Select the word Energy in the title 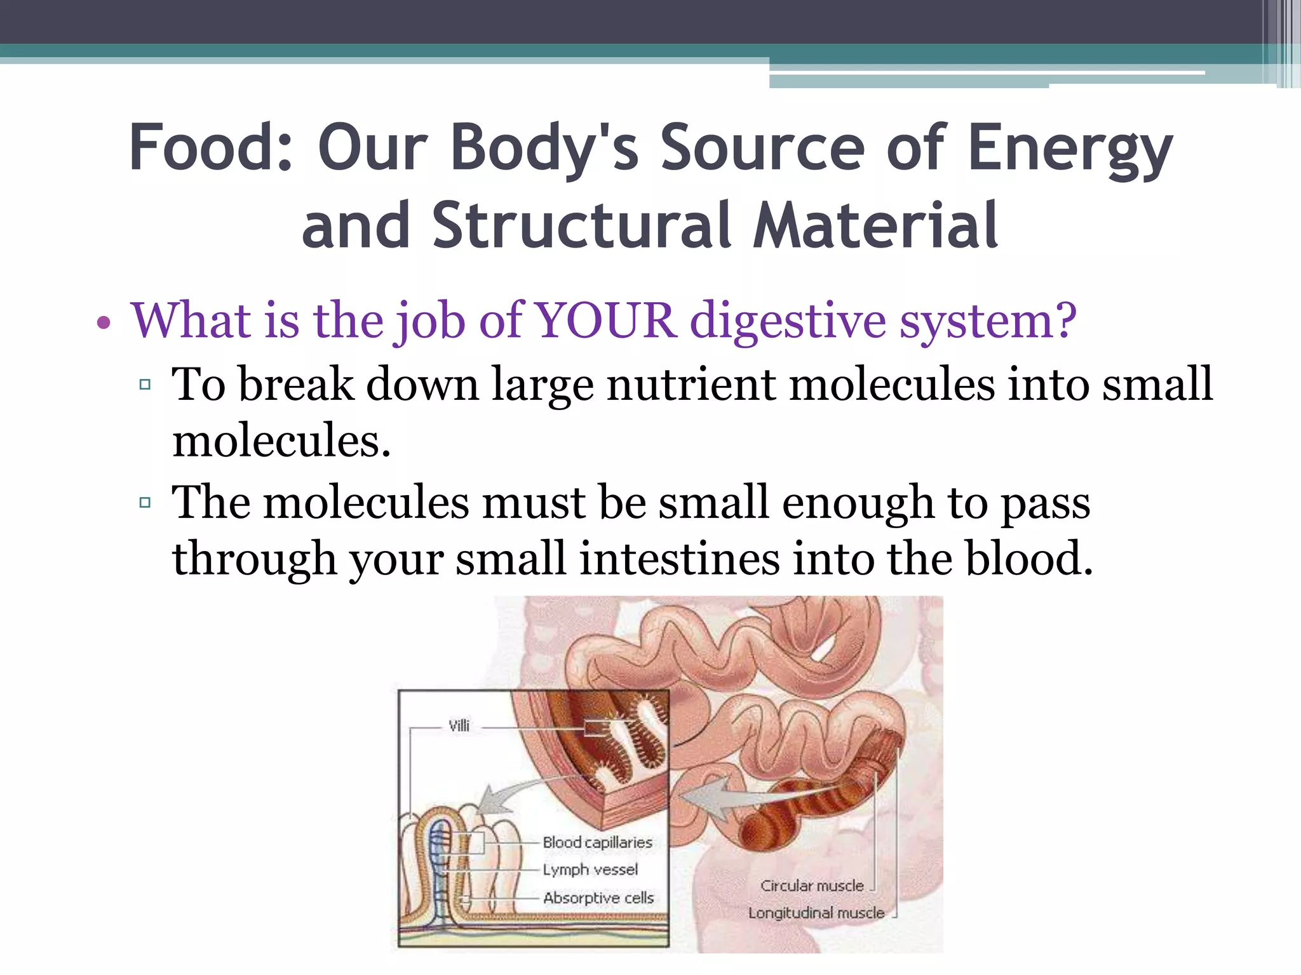coord(1070,148)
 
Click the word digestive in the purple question coord(788,321)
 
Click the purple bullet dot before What coord(104,324)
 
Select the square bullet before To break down coord(145,384)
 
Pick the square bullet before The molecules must coord(145,503)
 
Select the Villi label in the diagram coord(459,726)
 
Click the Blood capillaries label coord(597,842)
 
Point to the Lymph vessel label coord(590,870)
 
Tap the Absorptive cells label coord(598,898)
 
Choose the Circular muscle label coord(812,885)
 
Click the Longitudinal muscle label coord(816,913)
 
